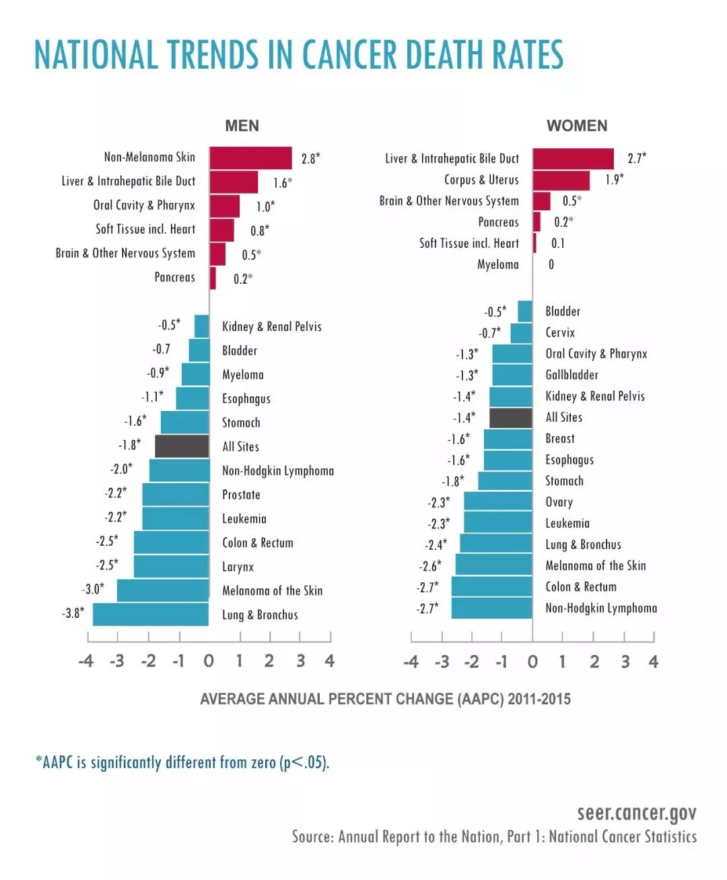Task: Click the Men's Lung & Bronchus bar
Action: click(151, 615)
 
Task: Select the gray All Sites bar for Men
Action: click(182, 446)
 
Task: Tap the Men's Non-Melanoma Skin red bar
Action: click(250, 158)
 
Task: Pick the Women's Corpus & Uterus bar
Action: click(561, 180)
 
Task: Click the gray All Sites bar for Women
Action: click(510, 418)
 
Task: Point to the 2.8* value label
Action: click(310, 159)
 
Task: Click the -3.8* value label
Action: click(73, 613)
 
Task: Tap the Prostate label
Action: click(241, 495)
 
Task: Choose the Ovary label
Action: click(559, 502)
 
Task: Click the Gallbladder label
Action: click(572, 375)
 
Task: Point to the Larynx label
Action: click(238, 567)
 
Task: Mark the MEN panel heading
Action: click(242, 126)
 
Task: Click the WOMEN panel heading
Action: click(577, 126)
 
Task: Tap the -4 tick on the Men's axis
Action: click(86, 661)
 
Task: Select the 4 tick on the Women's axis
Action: click(653, 662)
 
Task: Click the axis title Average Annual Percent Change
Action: click(385, 699)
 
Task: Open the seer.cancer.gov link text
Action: click(636, 813)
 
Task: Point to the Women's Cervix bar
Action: click(521, 333)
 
